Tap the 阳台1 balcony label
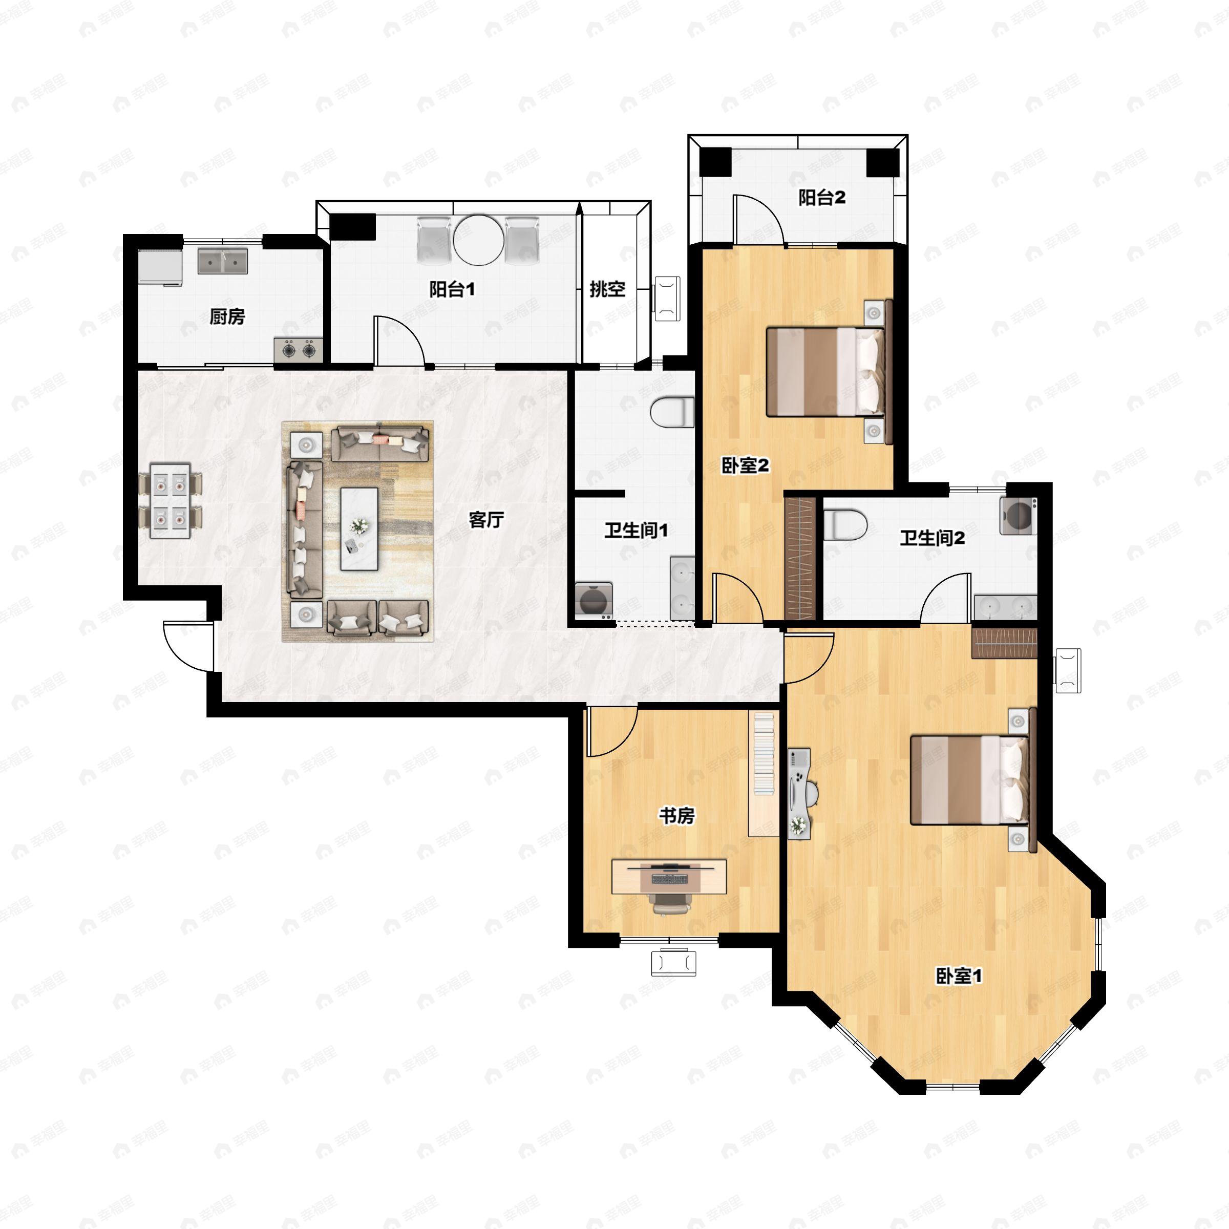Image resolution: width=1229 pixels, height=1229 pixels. coord(452,290)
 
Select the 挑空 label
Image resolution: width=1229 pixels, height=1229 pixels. coord(607,289)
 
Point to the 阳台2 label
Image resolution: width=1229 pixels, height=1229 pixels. coord(822,198)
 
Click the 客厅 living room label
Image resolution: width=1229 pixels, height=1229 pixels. coord(486,520)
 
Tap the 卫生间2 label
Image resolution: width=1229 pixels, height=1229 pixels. coord(932,539)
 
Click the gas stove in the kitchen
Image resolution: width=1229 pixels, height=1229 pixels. coord(299,349)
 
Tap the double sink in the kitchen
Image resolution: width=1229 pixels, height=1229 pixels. coord(223,261)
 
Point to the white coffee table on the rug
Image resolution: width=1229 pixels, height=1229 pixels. coord(359,528)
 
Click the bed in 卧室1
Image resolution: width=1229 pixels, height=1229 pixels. coord(971,779)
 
